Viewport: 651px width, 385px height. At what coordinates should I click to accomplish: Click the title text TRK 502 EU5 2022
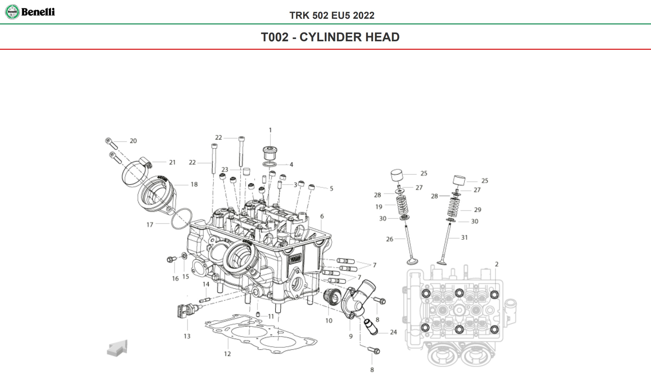[x=332, y=15]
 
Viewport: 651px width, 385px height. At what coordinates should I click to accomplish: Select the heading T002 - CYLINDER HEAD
[x=330, y=37]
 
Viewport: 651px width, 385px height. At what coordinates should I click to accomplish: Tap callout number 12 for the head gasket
[x=227, y=354]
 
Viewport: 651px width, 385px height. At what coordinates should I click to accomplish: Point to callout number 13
[x=187, y=336]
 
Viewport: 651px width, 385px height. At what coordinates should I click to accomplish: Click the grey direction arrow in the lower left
[x=117, y=348]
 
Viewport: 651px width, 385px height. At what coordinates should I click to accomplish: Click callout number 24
[x=393, y=332]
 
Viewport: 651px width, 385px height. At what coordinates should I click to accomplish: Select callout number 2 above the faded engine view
[x=496, y=264]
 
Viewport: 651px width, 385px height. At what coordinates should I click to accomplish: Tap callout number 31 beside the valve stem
[x=464, y=238]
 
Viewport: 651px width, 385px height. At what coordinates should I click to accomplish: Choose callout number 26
[x=389, y=239]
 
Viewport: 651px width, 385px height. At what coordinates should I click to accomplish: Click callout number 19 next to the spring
[x=379, y=207]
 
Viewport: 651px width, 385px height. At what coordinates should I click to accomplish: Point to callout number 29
[x=477, y=210]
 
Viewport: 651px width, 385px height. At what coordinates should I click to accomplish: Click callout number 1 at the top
[x=270, y=130]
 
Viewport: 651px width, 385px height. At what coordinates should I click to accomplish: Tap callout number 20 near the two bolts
[x=133, y=141]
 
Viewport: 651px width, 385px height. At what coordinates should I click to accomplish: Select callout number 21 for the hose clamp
[x=172, y=162]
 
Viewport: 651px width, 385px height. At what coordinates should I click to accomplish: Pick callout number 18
[x=194, y=185]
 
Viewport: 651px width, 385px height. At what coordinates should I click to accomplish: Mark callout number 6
[x=322, y=216]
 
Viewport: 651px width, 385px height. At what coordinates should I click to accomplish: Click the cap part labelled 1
[x=270, y=152]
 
